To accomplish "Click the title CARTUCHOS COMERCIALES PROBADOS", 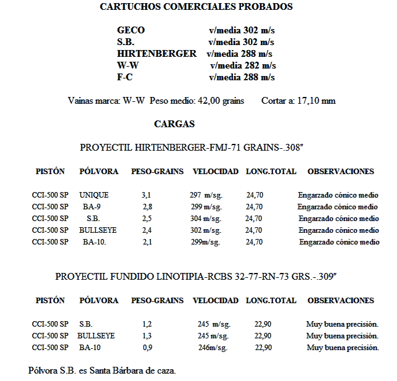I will coord(196,7).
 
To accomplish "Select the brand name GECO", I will coord(131,30).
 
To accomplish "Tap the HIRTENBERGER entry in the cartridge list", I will coord(157,54).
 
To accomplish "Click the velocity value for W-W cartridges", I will coord(243,65).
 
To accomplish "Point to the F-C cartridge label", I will coord(125,77).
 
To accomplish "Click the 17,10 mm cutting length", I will coord(316,101).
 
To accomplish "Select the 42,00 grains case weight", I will coord(220,101).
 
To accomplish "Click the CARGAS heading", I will coord(174,124).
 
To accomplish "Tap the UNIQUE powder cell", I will coord(94,195).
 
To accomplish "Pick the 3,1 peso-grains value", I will coord(146,195).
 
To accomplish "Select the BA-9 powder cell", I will coord(92,207).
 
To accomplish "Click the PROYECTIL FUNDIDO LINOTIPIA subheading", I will coord(196,277).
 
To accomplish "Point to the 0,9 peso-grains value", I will coord(147,348).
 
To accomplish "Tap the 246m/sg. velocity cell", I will coord(213,348).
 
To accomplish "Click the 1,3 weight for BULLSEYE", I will coord(147,336).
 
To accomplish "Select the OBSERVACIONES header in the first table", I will coord(341,171).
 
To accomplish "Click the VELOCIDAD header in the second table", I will coord(215,301).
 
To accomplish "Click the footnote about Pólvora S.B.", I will coord(102,371).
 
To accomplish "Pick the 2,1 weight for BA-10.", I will coord(147,242).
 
